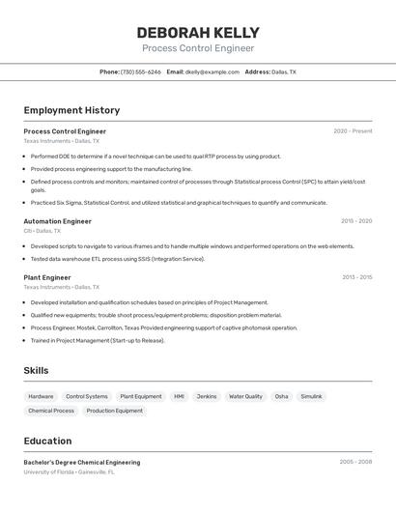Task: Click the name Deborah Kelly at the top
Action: coord(198,33)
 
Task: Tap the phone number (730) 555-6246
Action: coord(141,71)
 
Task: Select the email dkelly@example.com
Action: coord(212,71)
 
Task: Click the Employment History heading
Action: coord(71,110)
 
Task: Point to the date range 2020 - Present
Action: coord(353,131)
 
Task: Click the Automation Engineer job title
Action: coord(57,221)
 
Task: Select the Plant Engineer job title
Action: coord(47,277)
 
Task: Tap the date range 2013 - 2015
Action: coord(356,277)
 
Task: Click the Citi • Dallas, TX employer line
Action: coord(42,231)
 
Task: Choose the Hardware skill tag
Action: coord(41,396)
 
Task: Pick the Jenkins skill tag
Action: coord(207,396)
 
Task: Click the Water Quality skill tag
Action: coord(245,396)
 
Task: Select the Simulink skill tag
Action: coord(311,396)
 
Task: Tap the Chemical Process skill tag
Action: coord(51,411)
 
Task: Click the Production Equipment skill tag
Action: coord(114,411)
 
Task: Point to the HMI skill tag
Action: coord(179,396)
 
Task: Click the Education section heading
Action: coord(48,441)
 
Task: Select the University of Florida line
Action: coord(69,472)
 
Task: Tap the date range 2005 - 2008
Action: coord(355,462)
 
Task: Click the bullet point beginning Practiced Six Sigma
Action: coord(179,203)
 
